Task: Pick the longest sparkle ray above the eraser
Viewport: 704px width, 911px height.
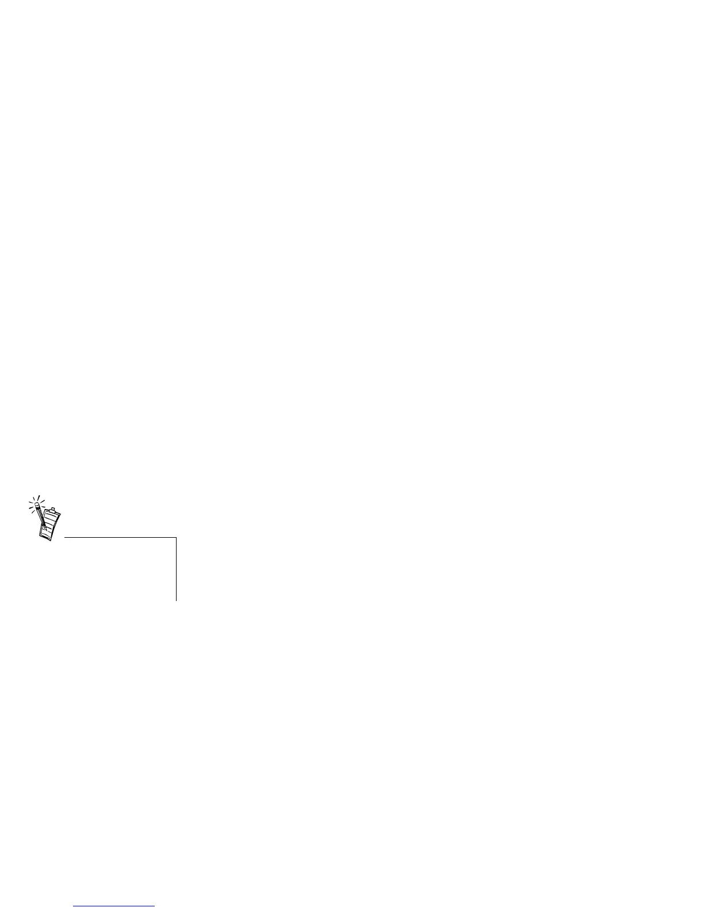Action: (x=38, y=497)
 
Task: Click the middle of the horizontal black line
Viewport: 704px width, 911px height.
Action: (x=120, y=538)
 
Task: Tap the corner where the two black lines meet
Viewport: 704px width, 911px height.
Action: (x=176, y=538)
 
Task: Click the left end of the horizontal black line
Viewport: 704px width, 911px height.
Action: (x=65, y=538)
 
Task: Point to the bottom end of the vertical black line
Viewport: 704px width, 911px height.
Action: (x=176, y=600)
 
